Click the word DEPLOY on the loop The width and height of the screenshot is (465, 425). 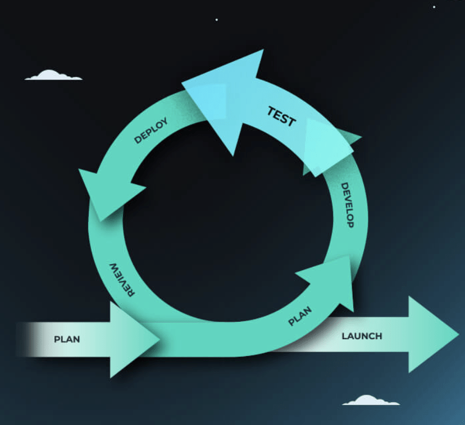(151, 131)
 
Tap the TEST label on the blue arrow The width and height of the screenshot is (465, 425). (281, 116)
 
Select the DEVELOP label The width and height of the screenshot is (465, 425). (347, 205)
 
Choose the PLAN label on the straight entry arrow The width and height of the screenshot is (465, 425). (67, 339)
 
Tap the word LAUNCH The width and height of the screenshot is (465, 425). (362, 336)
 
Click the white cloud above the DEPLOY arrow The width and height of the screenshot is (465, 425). (52, 75)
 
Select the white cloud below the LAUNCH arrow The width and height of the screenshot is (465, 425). (370, 400)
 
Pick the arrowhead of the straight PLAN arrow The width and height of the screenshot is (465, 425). (131, 339)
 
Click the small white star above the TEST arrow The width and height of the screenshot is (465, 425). (217, 20)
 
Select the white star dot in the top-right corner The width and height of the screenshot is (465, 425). (434, 7)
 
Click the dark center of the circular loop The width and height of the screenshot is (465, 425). (225, 219)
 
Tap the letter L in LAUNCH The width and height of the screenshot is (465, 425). (344, 336)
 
